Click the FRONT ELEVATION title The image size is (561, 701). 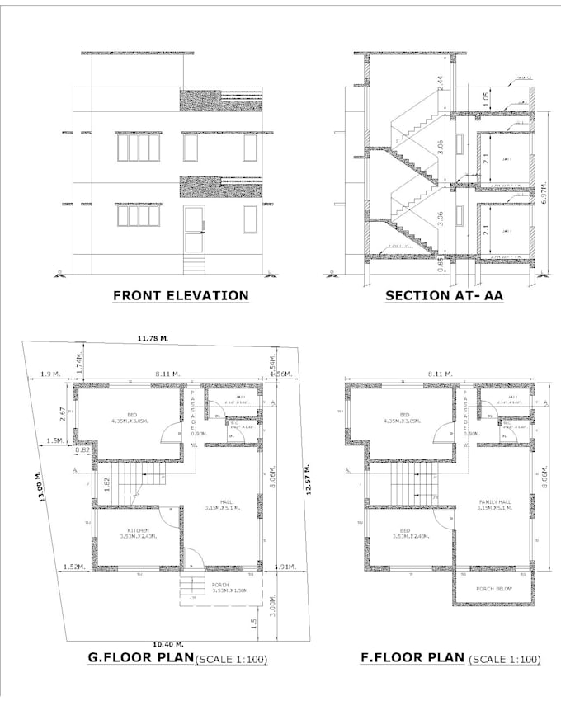(181, 295)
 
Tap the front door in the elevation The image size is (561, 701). (194, 229)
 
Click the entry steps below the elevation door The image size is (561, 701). (194, 264)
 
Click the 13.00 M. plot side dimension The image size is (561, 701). (38, 487)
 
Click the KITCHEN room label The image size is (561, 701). (138, 529)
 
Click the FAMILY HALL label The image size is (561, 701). (495, 501)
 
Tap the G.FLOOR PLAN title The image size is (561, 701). (140, 658)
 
